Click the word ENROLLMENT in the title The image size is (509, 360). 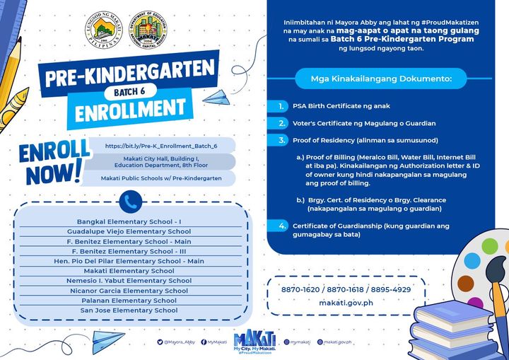(x=125, y=108)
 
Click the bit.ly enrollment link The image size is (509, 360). (x=160, y=146)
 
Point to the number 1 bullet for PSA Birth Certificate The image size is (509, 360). (x=282, y=106)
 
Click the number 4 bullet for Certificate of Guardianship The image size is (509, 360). (x=282, y=226)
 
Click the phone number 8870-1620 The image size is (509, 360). (x=299, y=290)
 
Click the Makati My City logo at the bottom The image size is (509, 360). (x=252, y=342)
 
